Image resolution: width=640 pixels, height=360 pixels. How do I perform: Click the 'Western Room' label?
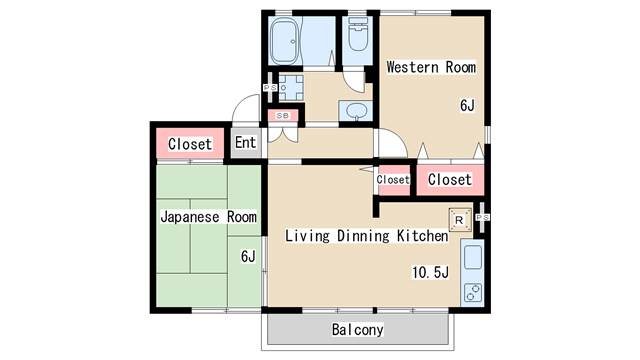pos(431,68)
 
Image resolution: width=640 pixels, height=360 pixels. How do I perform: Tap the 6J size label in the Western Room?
pos(467,105)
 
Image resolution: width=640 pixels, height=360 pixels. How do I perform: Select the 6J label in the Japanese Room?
pos(248,256)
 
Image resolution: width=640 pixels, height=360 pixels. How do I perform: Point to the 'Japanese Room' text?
pos(208,216)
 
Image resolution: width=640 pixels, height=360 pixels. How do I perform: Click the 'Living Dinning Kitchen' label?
pos(366,236)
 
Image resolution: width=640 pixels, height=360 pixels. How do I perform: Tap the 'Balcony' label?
pos(356,329)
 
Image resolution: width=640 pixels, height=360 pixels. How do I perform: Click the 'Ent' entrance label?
pos(246,143)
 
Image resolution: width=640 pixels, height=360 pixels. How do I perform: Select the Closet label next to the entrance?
pos(190,144)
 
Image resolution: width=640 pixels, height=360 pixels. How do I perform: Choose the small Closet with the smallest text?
pos(393,180)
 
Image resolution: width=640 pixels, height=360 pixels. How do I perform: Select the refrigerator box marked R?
pos(459,220)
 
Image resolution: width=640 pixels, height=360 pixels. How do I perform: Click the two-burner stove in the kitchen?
pos(471,294)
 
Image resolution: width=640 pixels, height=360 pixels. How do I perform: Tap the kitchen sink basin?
pos(472,260)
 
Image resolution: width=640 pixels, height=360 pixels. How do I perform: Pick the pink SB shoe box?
pos(283,115)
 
